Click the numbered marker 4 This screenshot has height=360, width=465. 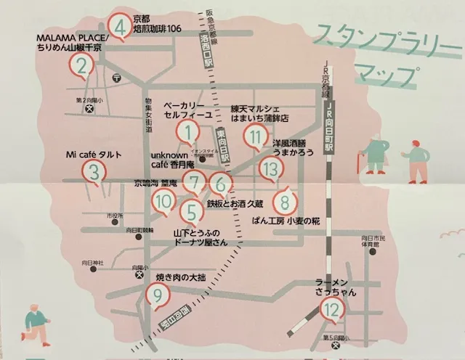[x=121, y=26]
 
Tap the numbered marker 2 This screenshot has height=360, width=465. [x=82, y=67]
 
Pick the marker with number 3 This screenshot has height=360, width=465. [x=94, y=171]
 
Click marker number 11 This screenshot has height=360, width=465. [x=254, y=135]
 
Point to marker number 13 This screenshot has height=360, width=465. [x=270, y=170]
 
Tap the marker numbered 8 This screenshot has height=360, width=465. [x=285, y=200]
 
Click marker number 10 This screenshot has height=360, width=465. [x=163, y=200]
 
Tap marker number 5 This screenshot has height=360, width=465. [x=192, y=211]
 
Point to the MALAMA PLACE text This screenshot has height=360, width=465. [x=71, y=37]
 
